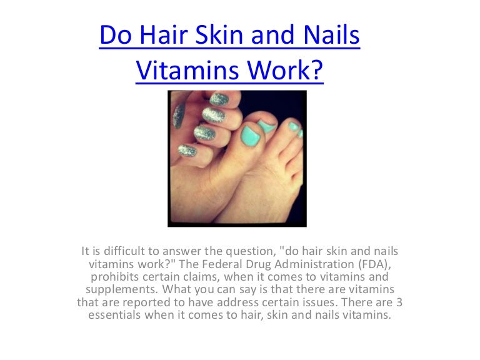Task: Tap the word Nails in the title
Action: (329, 35)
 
